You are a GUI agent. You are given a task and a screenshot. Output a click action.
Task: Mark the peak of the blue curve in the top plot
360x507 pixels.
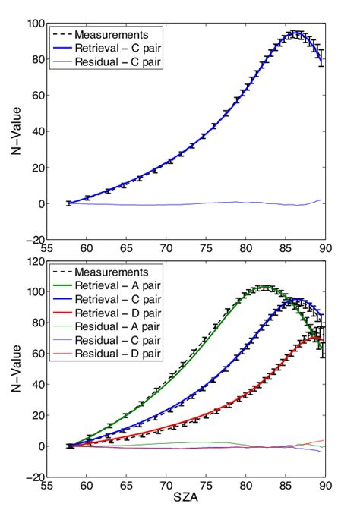coord(295,33)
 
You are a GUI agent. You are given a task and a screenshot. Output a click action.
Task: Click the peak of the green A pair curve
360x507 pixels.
coord(264,288)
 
